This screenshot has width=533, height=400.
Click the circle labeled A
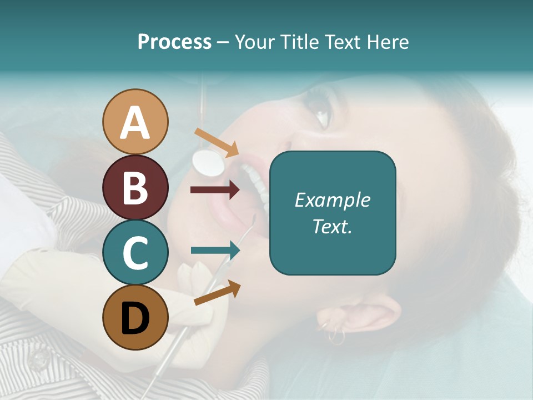[135, 122]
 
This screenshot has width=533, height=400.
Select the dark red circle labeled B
[135, 187]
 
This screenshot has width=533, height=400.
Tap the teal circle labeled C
[135, 253]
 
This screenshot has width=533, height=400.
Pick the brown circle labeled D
[135, 317]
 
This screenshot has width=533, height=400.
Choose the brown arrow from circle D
[217, 293]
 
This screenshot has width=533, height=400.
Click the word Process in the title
[174, 42]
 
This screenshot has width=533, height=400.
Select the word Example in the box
[332, 200]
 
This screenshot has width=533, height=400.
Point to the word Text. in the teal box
[332, 226]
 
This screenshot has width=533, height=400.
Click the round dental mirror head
[208, 161]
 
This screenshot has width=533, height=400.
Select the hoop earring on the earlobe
[336, 336]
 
